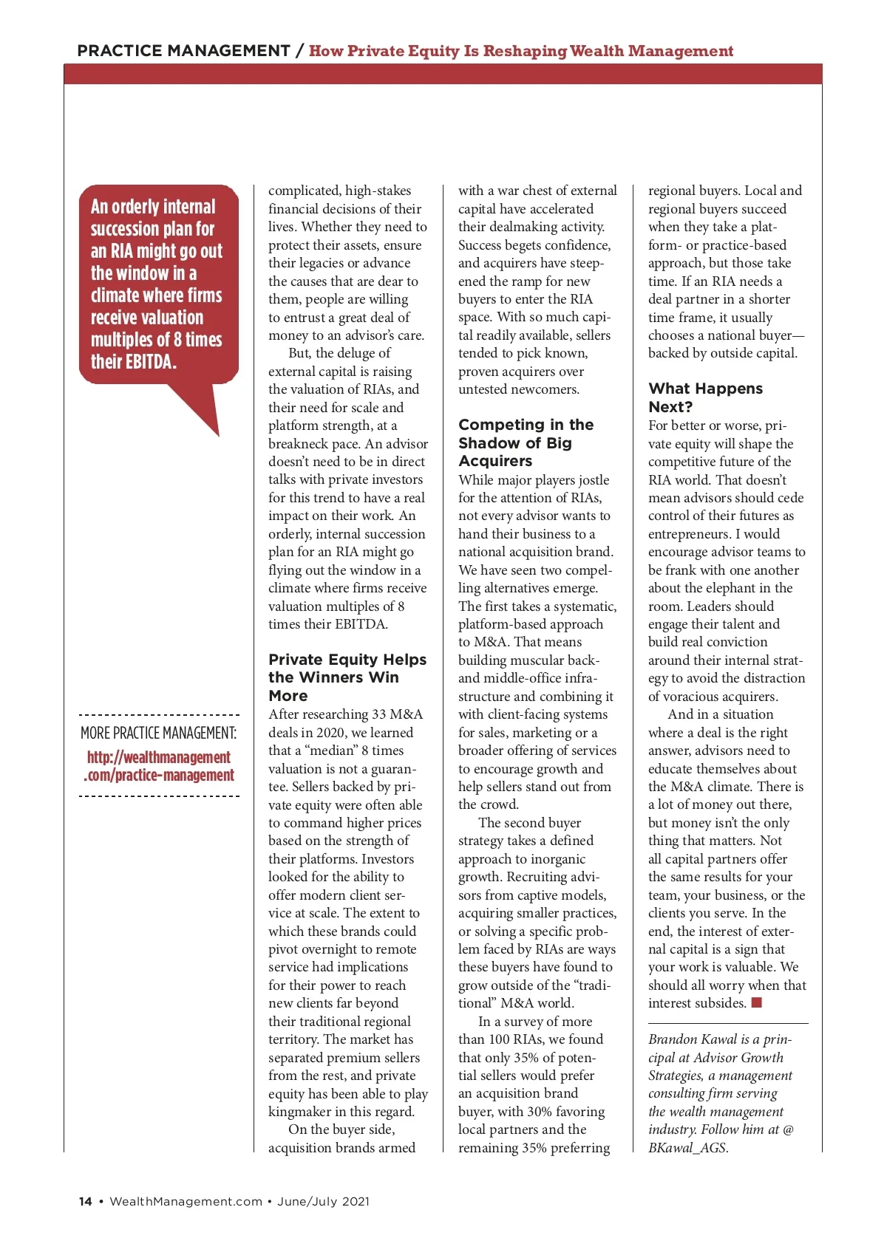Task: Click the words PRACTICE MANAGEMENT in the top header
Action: click(183, 51)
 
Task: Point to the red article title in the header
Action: click(521, 51)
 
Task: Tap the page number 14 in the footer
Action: click(85, 1201)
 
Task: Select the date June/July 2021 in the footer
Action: click(323, 1201)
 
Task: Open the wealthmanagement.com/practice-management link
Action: click(159, 766)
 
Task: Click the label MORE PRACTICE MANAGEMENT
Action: click(159, 733)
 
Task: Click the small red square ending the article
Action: click(756, 1002)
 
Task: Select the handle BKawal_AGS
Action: click(687, 1148)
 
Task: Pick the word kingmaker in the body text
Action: click(300, 1112)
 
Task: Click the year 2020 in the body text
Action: click(330, 733)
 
